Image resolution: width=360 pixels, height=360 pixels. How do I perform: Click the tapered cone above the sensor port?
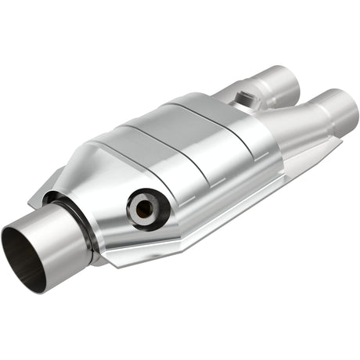(x=117, y=168)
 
